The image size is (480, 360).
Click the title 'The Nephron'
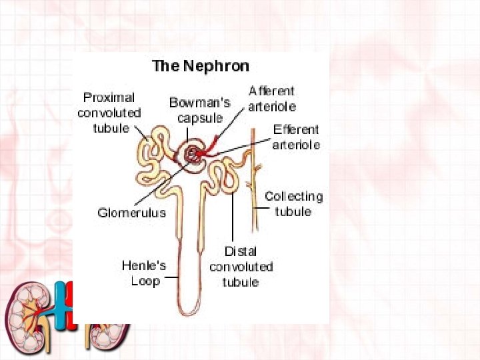coord(201,66)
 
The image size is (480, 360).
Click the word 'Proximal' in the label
coord(109,98)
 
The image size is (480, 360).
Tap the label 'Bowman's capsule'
coord(199,110)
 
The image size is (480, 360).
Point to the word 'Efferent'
coord(296,130)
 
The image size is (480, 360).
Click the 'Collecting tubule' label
coord(293,203)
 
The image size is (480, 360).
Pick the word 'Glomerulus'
coord(131,213)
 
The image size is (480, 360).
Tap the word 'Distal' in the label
coord(241,252)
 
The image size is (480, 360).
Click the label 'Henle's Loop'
coord(143,273)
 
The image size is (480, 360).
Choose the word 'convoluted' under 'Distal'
coord(241,267)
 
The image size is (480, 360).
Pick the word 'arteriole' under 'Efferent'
coord(296,145)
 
